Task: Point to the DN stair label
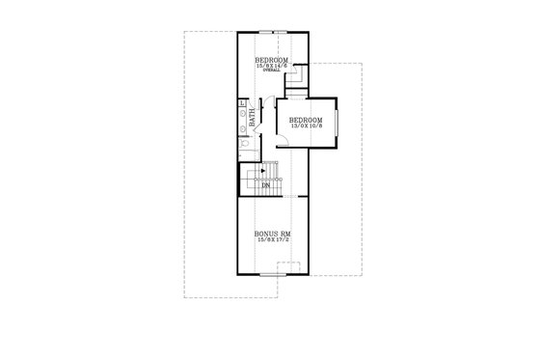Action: [263, 186]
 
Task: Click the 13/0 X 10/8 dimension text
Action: [307, 126]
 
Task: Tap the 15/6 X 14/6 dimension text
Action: [272, 66]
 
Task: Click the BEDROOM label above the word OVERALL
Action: [272, 60]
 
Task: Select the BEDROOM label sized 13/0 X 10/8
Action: [307, 120]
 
